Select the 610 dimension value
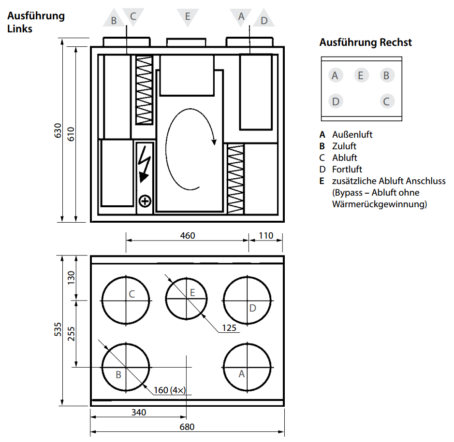point(71,133)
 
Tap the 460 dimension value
point(188,236)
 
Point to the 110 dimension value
point(266,236)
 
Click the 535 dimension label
point(58,329)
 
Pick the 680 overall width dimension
point(187,427)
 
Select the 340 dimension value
point(138,413)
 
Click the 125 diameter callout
point(229,328)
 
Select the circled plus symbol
point(145,200)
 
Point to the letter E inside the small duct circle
point(192,292)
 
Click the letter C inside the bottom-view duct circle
point(132,293)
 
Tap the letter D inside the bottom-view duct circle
point(252,308)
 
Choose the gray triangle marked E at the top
point(188,16)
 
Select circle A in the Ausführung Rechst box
point(335,75)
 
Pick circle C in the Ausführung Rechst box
point(386,101)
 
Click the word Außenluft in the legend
point(352,135)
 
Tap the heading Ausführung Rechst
point(366,43)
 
